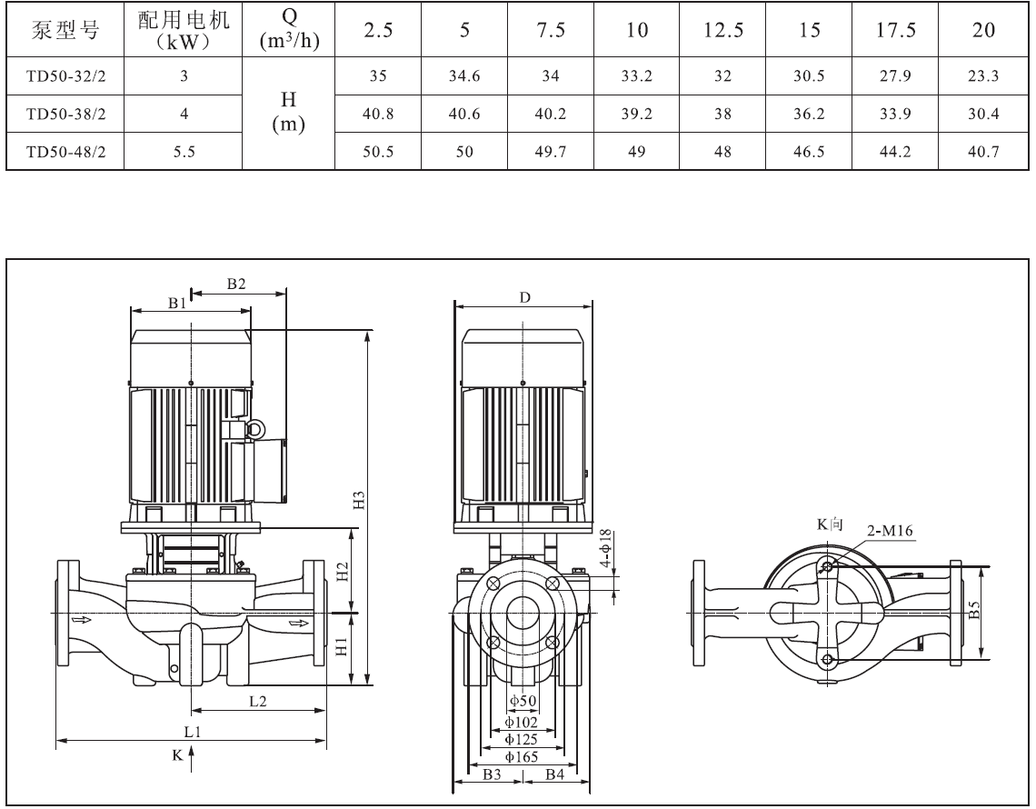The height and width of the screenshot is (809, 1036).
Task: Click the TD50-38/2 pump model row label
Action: (x=66, y=115)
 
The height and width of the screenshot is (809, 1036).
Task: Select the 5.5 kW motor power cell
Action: (x=184, y=152)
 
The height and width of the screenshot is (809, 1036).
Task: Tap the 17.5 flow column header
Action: (x=895, y=30)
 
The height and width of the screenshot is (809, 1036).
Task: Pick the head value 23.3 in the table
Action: (x=983, y=76)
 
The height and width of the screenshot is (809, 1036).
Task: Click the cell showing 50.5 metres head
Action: (x=378, y=152)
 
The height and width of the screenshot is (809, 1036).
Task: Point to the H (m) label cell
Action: (x=289, y=112)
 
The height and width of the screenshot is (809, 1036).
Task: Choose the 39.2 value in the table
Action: (x=636, y=115)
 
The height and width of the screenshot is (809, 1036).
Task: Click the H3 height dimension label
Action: (x=359, y=500)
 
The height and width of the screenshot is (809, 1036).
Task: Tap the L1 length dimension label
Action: (x=193, y=731)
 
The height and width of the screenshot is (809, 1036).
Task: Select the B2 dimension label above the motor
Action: (x=236, y=285)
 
